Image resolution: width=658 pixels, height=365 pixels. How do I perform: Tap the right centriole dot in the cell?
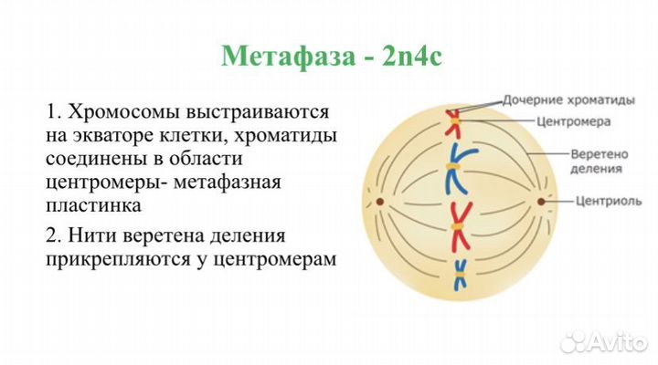pyautogui.click(x=540, y=200)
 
